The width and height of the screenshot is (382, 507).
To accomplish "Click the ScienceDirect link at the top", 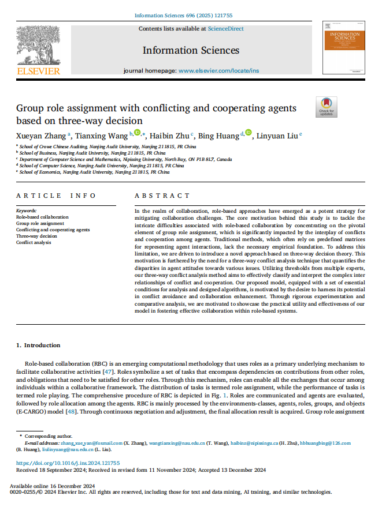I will [x=225, y=29].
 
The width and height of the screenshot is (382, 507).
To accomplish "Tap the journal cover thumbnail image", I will [x=348, y=48].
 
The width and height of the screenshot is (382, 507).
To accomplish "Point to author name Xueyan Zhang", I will [x=41, y=136].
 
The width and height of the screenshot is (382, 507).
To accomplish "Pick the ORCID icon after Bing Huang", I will [x=249, y=134].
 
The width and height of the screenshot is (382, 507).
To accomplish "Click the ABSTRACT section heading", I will [x=162, y=196].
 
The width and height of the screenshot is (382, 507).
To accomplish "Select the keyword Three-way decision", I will [x=36, y=236].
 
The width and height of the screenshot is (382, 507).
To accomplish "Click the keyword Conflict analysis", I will [x=34, y=242].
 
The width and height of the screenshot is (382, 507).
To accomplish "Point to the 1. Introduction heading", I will [x=38, y=345].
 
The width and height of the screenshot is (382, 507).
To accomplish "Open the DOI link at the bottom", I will [x=68, y=463].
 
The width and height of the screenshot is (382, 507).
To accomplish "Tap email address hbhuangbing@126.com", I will [x=325, y=443].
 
